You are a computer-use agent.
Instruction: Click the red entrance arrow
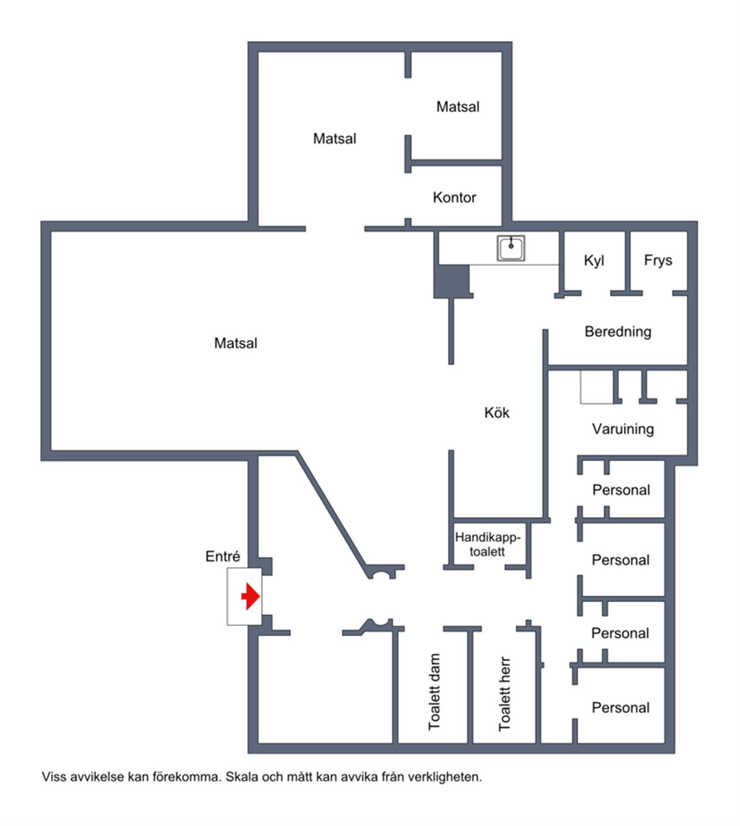pyautogui.click(x=251, y=597)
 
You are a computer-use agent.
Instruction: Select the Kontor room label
pyautogui.click(x=454, y=197)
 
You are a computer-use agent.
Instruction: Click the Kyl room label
pyautogui.click(x=594, y=260)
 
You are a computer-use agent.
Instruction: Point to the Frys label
pyautogui.click(x=658, y=260)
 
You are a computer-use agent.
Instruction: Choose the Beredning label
pyautogui.click(x=617, y=331)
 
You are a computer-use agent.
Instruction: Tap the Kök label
pyautogui.click(x=496, y=413)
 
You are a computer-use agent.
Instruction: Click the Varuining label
pyautogui.click(x=623, y=429)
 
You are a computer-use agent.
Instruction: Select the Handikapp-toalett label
pyautogui.click(x=487, y=544)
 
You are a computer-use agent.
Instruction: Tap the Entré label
pyautogui.click(x=222, y=556)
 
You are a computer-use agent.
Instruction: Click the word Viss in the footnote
pyautogui.click(x=54, y=777)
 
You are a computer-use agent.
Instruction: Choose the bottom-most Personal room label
pyautogui.click(x=621, y=708)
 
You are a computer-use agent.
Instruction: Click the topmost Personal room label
pyautogui.click(x=621, y=490)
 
